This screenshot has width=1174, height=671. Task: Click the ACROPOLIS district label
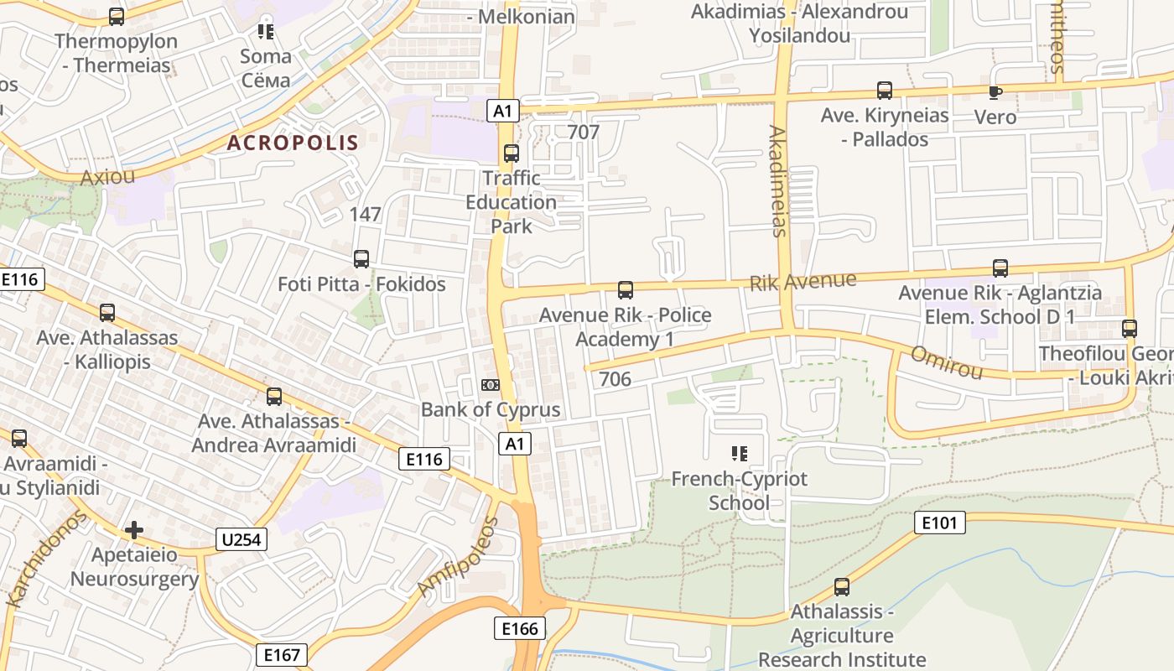(x=293, y=143)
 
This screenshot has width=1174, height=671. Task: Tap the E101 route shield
(x=939, y=523)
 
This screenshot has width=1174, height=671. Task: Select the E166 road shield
(x=520, y=628)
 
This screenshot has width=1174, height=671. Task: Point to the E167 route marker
(x=282, y=654)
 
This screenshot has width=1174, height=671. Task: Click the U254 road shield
(x=242, y=539)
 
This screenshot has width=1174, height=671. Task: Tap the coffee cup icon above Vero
(x=995, y=92)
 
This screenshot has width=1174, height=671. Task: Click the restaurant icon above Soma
(x=266, y=32)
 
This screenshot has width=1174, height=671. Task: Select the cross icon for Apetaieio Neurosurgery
(x=133, y=530)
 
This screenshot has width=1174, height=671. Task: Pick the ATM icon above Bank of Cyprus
(x=491, y=385)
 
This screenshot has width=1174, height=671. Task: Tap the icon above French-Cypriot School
(x=739, y=454)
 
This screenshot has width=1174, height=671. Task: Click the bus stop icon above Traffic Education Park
(x=511, y=153)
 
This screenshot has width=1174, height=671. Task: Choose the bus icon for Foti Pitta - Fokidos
(x=361, y=259)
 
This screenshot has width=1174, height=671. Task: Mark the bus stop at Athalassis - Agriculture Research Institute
(x=842, y=587)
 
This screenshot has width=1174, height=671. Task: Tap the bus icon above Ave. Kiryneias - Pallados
(x=885, y=91)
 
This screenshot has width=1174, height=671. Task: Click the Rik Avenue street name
(x=803, y=281)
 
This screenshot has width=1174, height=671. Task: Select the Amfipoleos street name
(x=459, y=557)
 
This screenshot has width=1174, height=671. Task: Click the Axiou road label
(x=107, y=177)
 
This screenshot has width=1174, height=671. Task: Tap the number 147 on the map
(x=366, y=215)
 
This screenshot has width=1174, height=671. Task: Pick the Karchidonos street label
(x=47, y=559)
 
